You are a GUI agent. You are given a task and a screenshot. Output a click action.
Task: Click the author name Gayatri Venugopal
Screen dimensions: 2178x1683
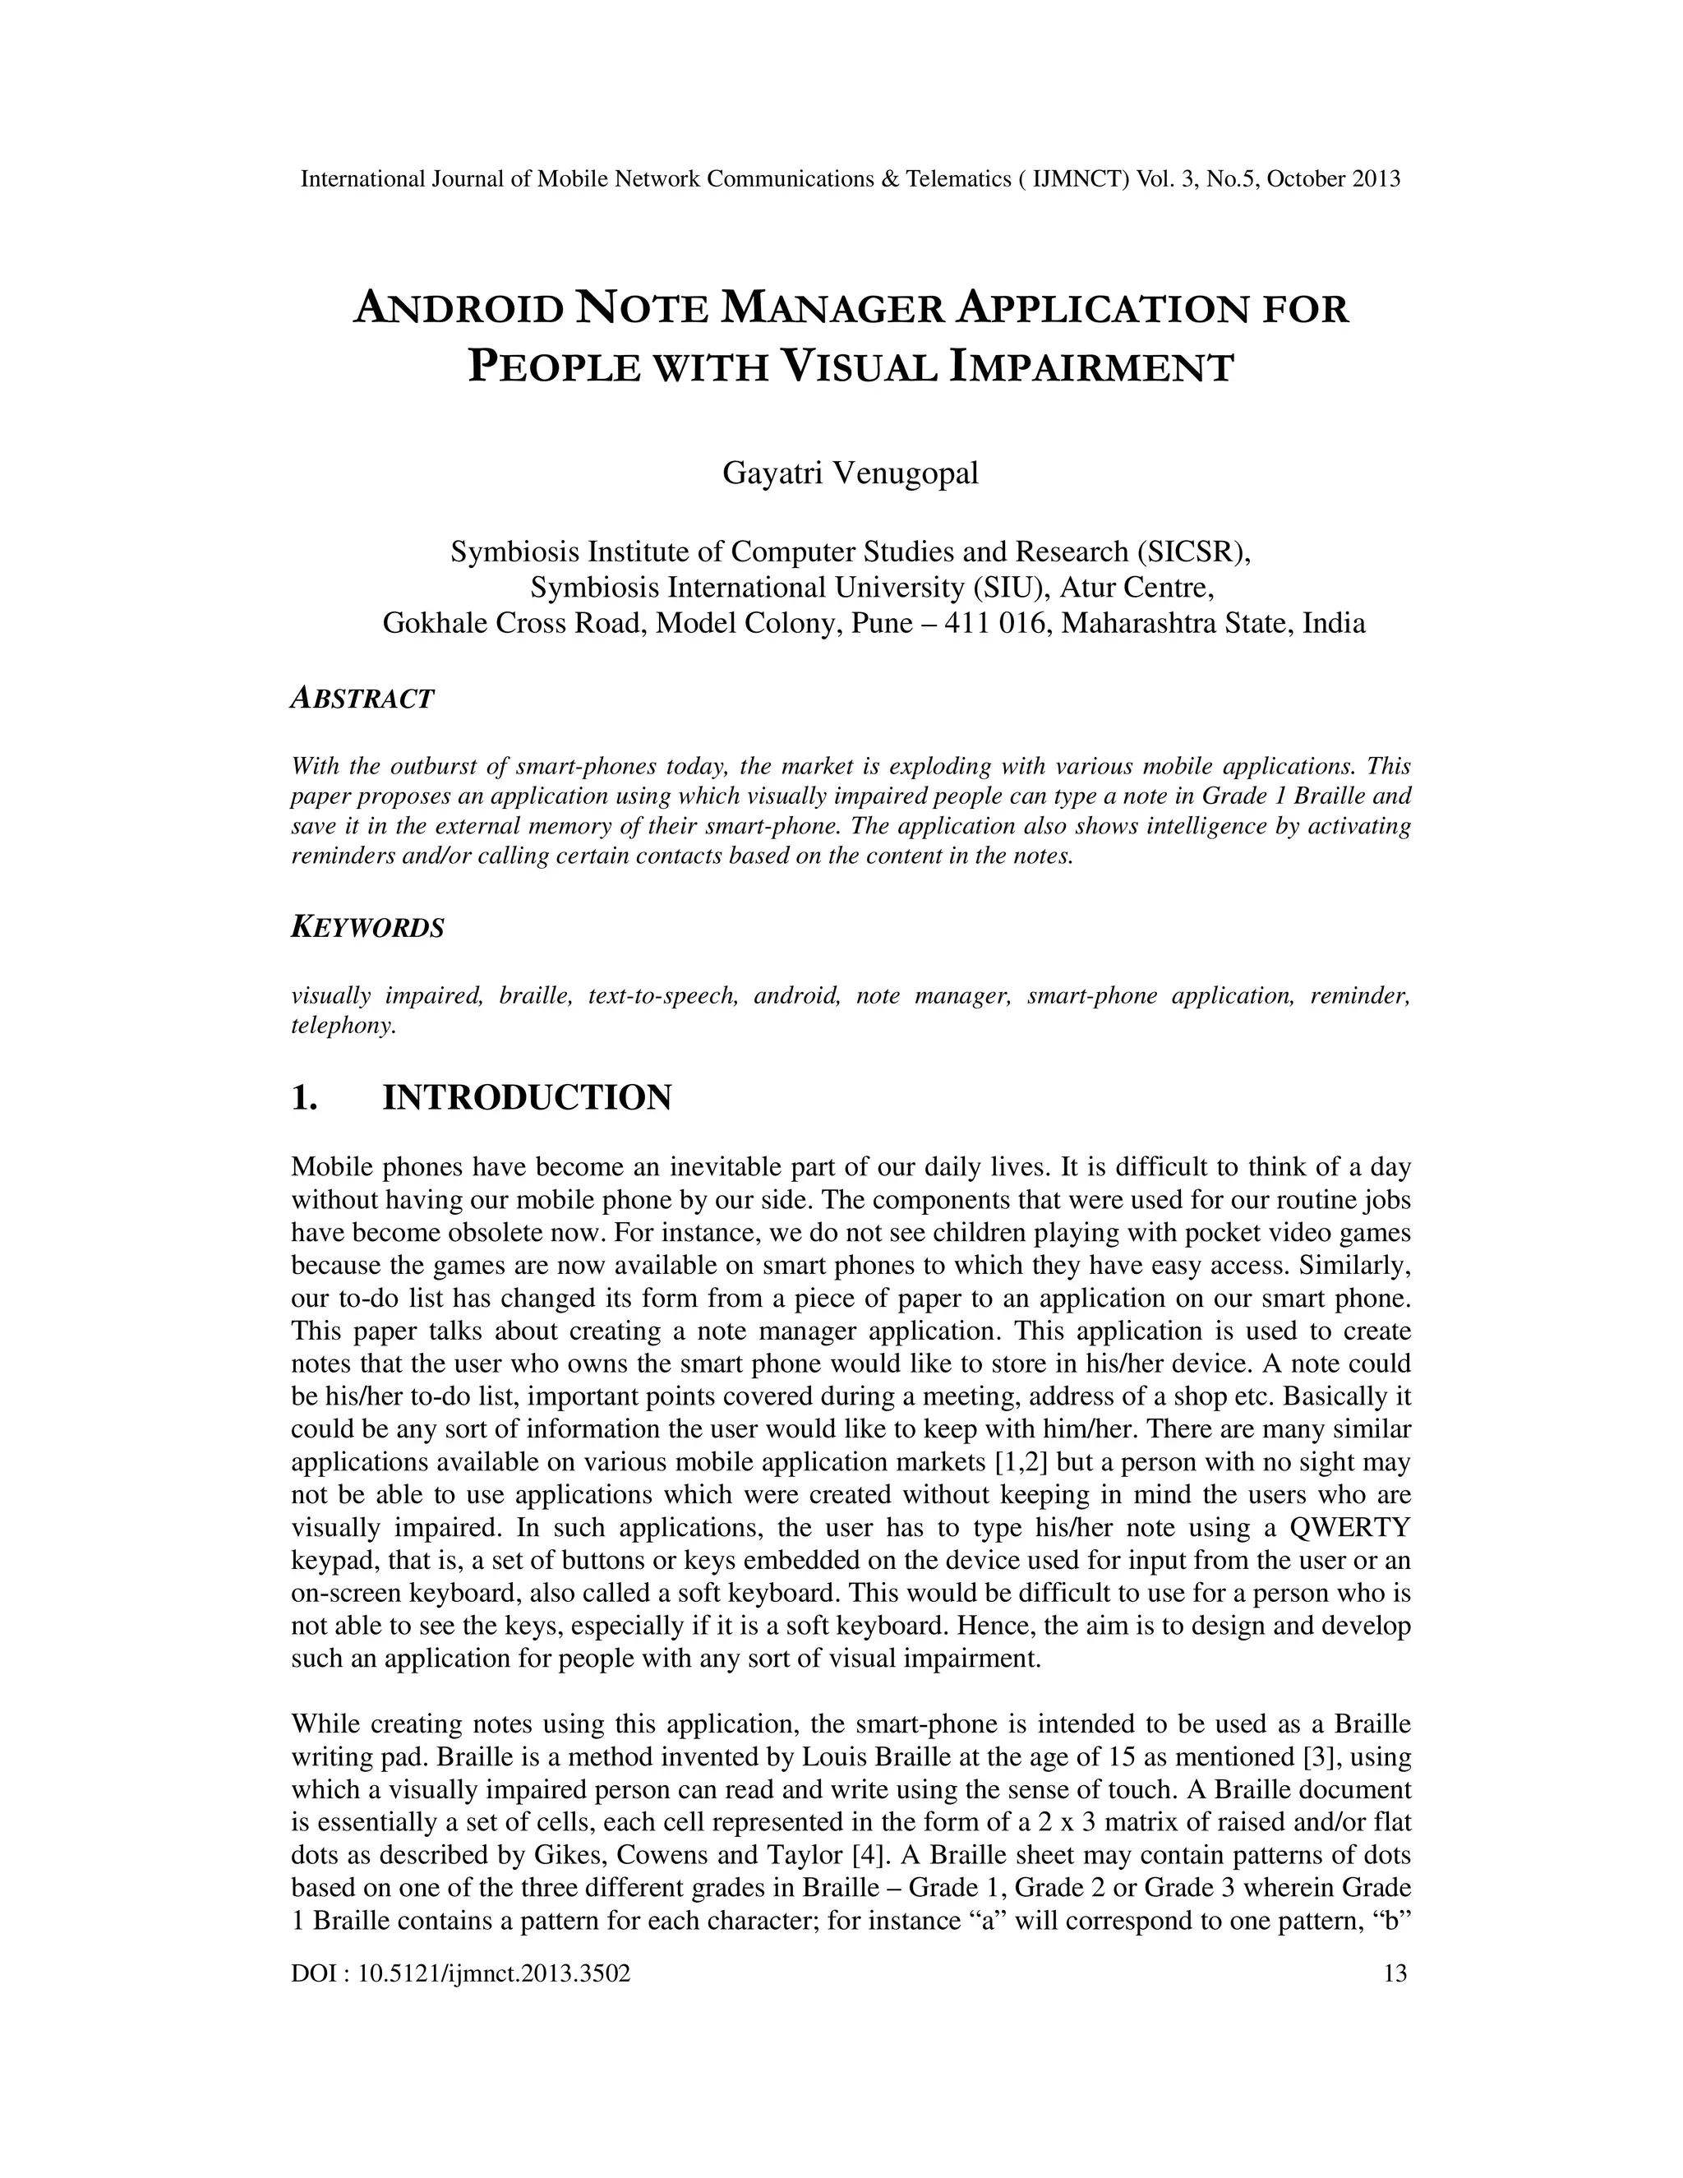click(850, 473)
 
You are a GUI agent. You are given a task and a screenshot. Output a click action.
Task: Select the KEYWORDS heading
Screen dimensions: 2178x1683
click(367, 927)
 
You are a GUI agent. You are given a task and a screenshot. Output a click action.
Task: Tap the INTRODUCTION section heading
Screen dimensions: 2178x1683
click(527, 1098)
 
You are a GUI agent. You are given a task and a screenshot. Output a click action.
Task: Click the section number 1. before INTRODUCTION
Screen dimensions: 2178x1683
click(304, 1098)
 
